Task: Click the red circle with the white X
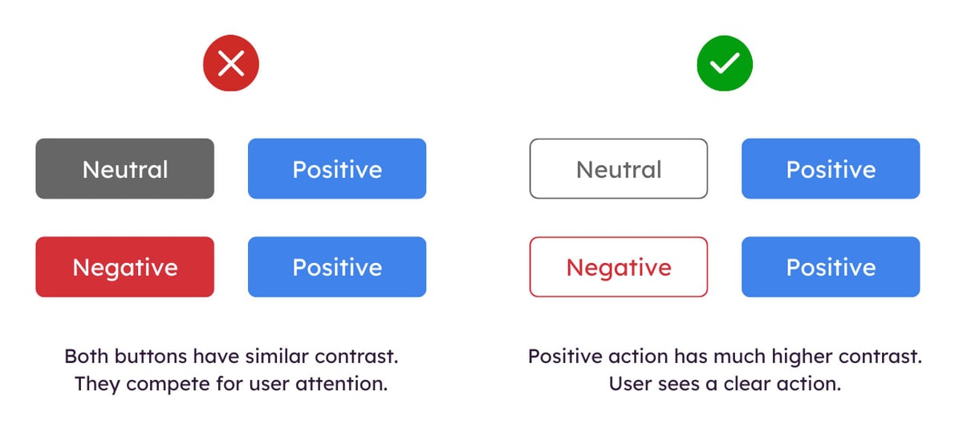pos(231,63)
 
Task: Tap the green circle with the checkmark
pos(725,63)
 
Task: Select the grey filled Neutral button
pos(125,169)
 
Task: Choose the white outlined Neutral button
pos(619,169)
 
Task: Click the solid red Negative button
pos(125,267)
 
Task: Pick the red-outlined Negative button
pos(619,267)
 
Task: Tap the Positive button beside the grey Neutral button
pos(337,169)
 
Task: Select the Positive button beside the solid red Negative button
pos(337,267)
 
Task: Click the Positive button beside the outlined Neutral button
pos(831,169)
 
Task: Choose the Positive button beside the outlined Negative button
pos(831,267)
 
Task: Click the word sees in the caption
pos(673,384)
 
